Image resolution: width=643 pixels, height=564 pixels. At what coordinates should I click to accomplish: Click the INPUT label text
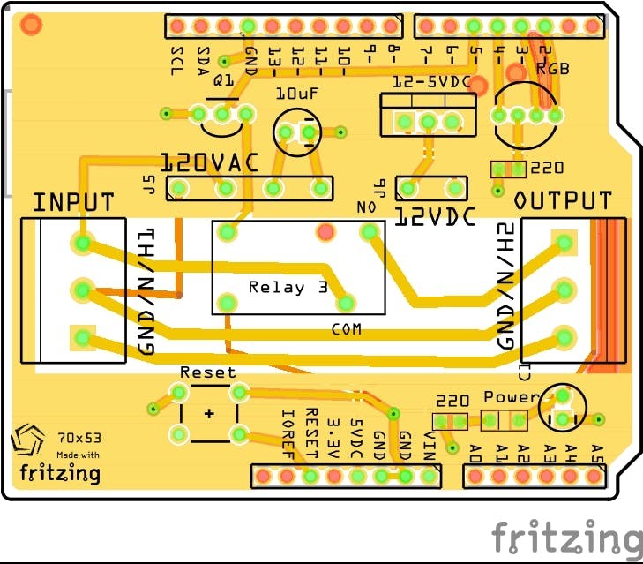(73, 202)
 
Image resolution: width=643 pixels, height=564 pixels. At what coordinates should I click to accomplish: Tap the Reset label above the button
(208, 372)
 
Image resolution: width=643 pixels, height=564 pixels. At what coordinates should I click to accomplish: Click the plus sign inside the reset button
(209, 413)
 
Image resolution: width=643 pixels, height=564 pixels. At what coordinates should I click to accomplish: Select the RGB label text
(553, 68)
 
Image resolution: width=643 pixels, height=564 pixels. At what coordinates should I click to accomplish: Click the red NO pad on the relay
(326, 232)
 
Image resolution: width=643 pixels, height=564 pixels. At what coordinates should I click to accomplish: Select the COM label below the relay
(347, 330)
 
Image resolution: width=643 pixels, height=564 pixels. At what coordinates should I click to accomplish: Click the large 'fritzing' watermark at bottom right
(566, 537)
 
